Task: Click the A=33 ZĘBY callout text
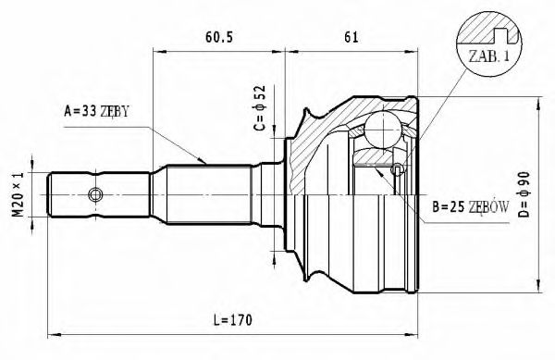point(96,112)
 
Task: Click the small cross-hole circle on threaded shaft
point(94,194)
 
